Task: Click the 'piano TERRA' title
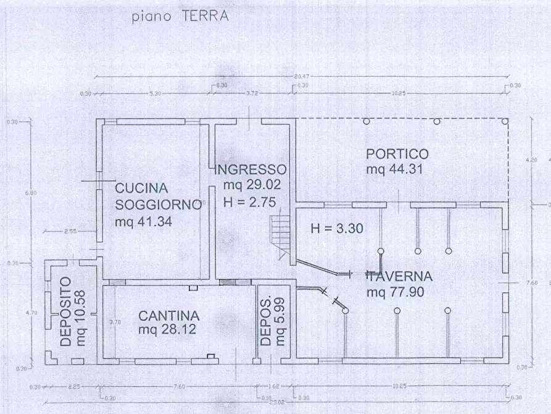click(180, 16)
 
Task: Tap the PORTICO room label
click(397, 154)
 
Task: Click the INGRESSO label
click(250, 169)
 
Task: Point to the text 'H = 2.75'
click(249, 200)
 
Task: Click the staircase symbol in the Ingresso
click(281, 235)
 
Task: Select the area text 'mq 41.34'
click(144, 220)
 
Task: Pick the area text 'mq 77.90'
click(395, 292)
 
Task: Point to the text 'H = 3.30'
click(337, 228)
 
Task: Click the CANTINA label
click(168, 315)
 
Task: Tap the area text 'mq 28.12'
click(167, 330)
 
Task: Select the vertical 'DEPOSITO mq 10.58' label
click(72, 311)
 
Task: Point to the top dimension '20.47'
click(301, 76)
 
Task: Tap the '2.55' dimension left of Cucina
click(69, 231)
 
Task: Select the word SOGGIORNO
click(158, 205)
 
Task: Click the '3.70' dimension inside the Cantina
click(114, 321)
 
